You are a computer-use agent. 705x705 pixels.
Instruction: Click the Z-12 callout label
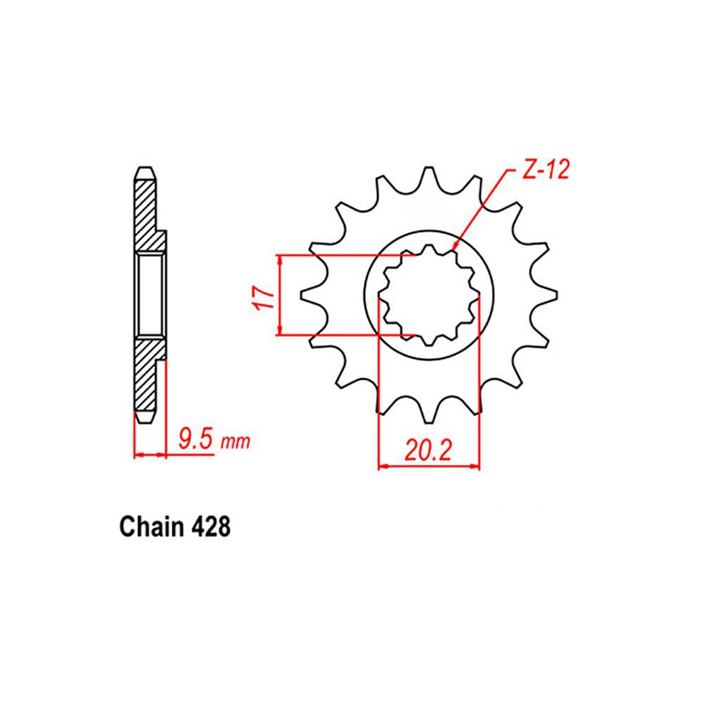tap(546, 171)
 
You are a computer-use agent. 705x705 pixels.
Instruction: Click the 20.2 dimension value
tap(428, 449)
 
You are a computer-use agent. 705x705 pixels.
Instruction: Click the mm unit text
tap(235, 443)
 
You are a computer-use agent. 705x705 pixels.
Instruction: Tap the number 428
tap(209, 527)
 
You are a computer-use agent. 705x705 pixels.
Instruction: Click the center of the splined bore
tap(429, 295)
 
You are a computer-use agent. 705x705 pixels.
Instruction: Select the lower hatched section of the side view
tap(147, 374)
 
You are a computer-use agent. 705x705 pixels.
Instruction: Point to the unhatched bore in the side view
tap(150, 295)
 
